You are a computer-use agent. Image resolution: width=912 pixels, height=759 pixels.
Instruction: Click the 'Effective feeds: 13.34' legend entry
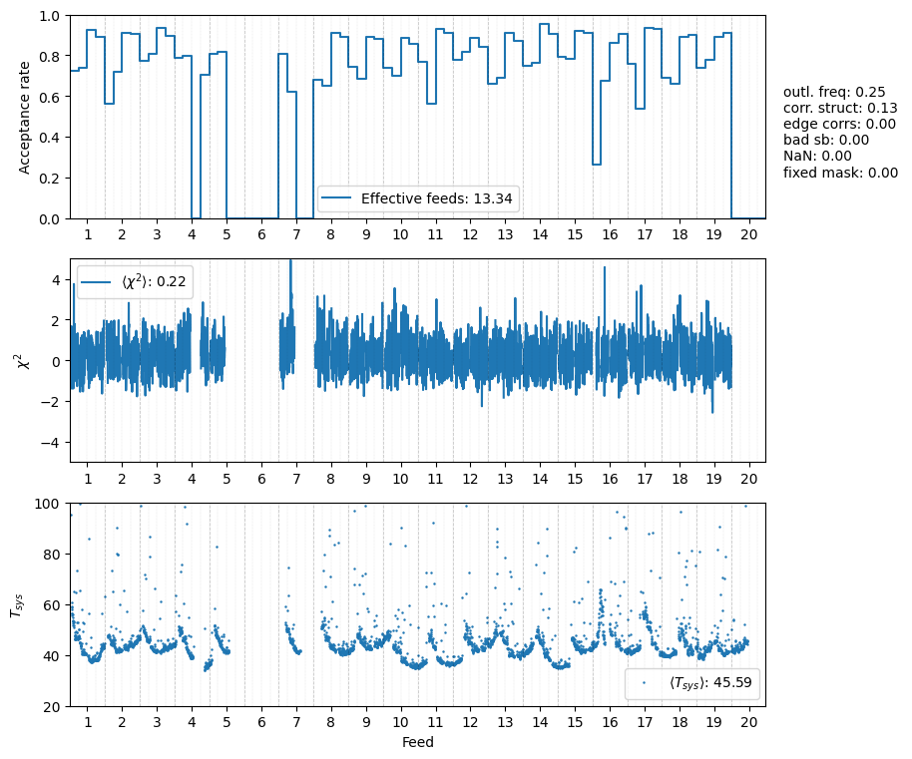[x=436, y=198]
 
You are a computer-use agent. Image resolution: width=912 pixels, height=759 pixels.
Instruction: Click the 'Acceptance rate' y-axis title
[x=25, y=117]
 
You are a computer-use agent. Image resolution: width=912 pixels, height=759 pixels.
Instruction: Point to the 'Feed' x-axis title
[x=417, y=742]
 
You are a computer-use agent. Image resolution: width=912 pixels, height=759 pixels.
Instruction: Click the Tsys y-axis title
[x=16, y=604]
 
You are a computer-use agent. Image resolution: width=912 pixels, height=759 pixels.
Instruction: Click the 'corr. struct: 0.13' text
[x=840, y=109]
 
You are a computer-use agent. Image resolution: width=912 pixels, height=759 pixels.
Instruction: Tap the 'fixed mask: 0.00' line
[x=840, y=173]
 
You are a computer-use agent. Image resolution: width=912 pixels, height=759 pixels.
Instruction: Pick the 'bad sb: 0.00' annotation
[x=825, y=141]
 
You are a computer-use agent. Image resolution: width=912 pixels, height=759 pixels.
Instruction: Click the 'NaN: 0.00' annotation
[x=817, y=157]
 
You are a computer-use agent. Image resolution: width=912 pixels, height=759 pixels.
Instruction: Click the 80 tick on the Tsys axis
[x=53, y=555]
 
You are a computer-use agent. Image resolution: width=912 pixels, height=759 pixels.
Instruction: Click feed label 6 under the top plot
[x=261, y=234]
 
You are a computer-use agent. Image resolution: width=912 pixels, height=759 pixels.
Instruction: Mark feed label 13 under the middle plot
[x=505, y=478]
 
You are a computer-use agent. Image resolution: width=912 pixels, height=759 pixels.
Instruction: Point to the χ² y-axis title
[x=25, y=360]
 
